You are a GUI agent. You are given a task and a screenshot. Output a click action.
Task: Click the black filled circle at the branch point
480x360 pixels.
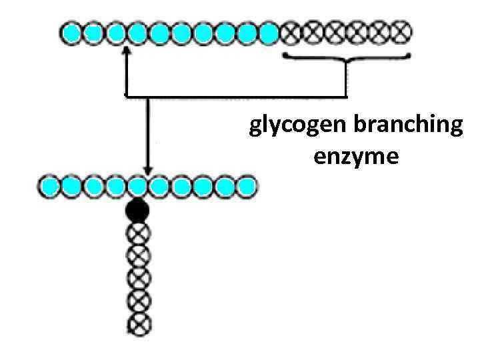point(138,211)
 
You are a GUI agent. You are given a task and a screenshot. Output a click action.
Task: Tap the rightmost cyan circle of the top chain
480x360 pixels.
point(269,31)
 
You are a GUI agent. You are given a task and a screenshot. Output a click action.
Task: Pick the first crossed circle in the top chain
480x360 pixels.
point(291,31)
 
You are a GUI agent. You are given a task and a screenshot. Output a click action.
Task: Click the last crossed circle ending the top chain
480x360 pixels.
point(401,31)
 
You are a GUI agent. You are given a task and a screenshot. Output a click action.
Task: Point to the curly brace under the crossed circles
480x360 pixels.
point(346,59)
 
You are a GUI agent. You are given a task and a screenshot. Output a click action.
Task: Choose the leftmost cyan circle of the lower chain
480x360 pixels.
point(51,186)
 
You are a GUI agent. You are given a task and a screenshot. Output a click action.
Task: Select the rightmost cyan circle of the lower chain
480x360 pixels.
point(247,186)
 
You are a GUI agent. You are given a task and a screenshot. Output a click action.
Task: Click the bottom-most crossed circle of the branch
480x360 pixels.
point(139,325)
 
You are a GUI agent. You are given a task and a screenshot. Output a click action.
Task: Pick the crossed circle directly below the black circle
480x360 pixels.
point(139,233)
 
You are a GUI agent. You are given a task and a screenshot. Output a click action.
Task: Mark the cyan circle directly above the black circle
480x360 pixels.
point(138,186)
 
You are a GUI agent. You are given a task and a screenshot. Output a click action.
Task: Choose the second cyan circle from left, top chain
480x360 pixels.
point(95,31)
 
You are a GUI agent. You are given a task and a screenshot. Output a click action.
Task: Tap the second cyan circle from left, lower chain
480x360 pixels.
point(73,186)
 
